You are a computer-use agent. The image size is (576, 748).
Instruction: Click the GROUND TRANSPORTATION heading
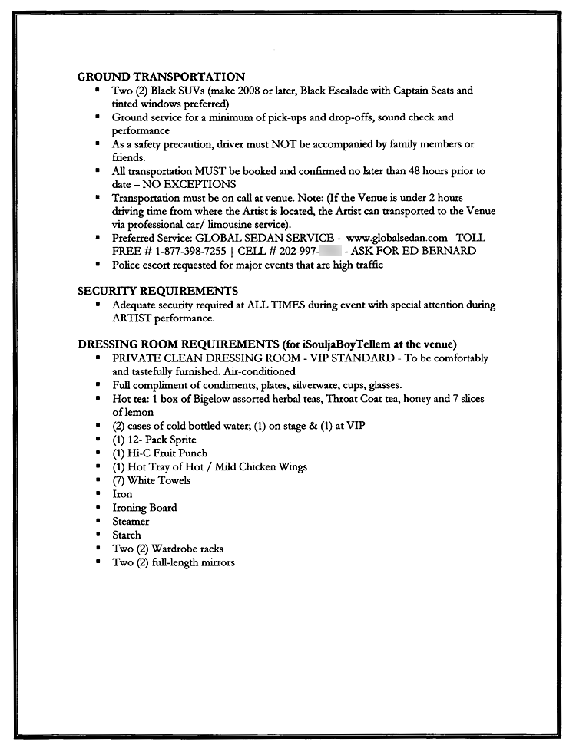(161, 77)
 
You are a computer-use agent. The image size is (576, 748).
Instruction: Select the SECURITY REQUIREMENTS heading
(157, 291)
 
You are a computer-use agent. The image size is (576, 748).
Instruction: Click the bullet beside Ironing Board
(98, 507)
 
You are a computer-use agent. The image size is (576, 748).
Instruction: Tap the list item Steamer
(131, 522)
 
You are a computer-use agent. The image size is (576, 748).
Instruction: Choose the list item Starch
(127, 535)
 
